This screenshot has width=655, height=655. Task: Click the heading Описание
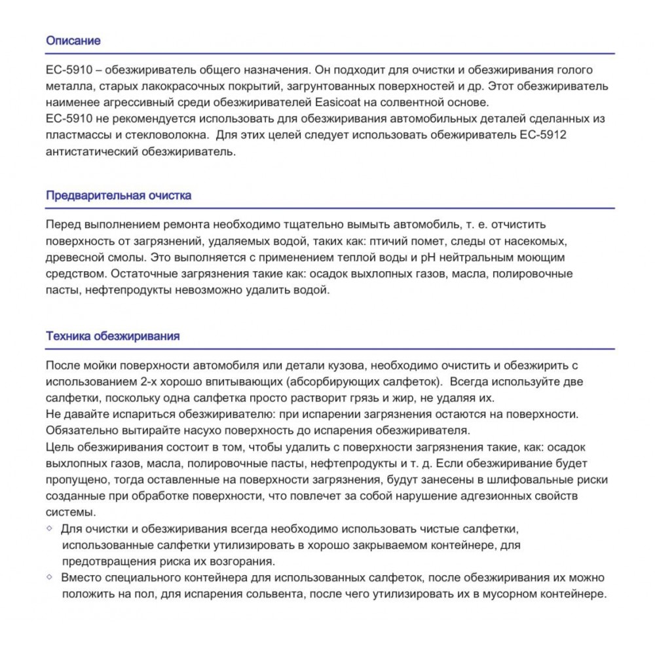73,41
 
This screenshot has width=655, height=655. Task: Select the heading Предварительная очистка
119,196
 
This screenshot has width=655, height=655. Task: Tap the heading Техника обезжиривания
113,337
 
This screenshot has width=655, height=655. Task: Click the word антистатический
89,152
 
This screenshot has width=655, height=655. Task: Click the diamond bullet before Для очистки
50,528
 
